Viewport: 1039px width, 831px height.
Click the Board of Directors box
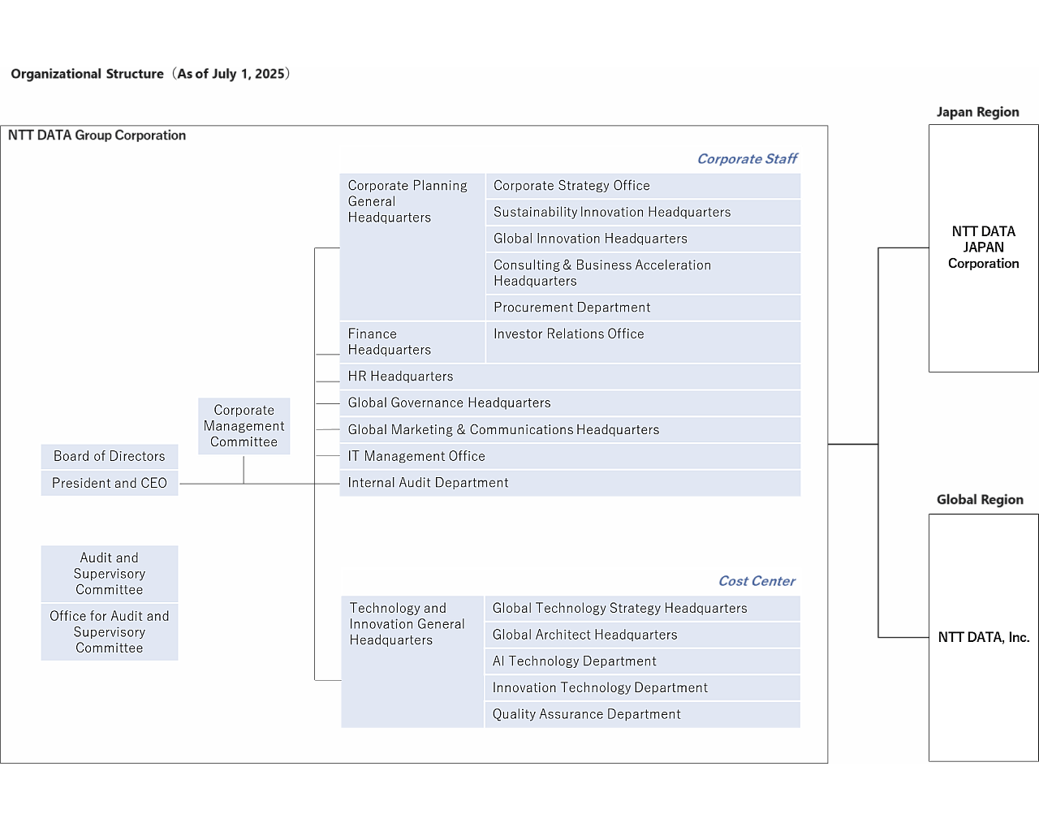click(x=110, y=456)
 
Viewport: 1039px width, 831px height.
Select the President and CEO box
click(x=110, y=483)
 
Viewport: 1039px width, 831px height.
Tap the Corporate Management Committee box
click(x=244, y=426)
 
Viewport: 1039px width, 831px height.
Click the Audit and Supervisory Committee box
click(x=110, y=574)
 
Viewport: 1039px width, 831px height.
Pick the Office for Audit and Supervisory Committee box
click(x=110, y=632)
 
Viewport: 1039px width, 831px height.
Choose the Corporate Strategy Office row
click(x=642, y=186)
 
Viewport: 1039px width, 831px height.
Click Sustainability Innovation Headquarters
click(x=642, y=213)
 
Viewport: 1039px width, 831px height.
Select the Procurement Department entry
click(x=642, y=308)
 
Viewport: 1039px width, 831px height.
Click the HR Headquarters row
click(x=569, y=377)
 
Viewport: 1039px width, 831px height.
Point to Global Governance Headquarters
click(x=569, y=403)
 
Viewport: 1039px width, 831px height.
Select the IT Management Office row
click(x=569, y=456)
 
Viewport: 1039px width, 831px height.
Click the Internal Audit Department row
click(x=569, y=483)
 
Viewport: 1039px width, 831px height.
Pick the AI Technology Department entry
click(x=642, y=661)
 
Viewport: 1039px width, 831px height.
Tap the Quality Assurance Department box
click(x=642, y=714)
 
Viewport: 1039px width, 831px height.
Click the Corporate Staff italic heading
click(x=747, y=159)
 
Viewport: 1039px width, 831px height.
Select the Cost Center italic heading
click(x=757, y=581)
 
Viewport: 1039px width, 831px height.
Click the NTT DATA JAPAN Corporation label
click(x=983, y=248)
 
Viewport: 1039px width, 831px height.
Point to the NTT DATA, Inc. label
click(x=983, y=637)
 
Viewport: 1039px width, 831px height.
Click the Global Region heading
click(x=980, y=500)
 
